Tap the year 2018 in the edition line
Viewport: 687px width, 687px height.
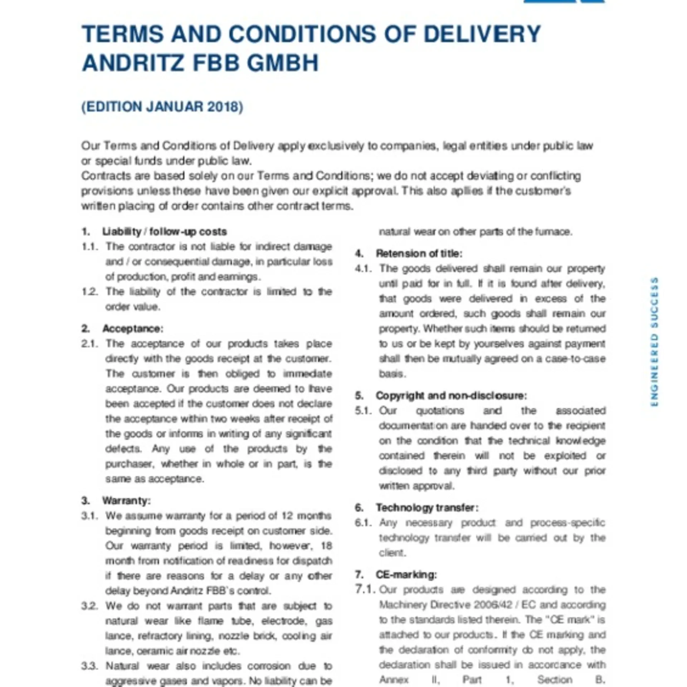tap(224, 107)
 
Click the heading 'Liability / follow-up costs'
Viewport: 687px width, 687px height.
tap(164, 232)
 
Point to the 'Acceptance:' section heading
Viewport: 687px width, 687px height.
tap(133, 328)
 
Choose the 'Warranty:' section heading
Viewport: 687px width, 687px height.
tap(126, 501)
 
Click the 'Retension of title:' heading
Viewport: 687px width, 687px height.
tap(419, 254)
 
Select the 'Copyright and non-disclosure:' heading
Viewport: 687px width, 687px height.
tap(451, 396)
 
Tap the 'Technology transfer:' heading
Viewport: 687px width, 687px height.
tap(427, 508)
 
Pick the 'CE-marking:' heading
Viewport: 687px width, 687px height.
tap(406, 575)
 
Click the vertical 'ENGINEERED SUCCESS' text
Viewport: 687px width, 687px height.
tap(654, 342)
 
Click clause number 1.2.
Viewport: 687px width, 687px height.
tap(89, 292)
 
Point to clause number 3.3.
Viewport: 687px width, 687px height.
tap(89, 666)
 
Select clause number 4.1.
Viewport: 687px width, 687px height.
tap(364, 268)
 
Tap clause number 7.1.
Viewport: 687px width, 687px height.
tap(365, 589)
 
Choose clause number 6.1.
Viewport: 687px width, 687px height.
tap(364, 523)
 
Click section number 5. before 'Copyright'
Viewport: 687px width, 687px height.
tap(359, 396)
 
